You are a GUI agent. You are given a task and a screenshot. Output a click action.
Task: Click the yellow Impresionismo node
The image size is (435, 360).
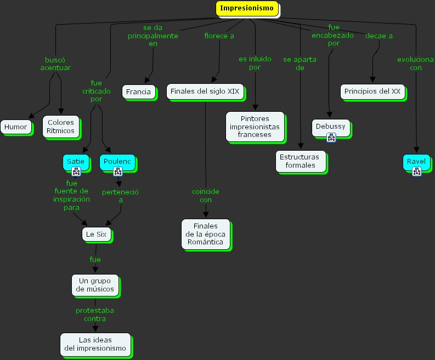(247, 8)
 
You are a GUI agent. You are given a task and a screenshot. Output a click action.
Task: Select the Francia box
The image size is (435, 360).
(138, 92)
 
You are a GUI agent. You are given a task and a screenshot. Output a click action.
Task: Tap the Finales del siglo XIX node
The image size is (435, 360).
(205, 92)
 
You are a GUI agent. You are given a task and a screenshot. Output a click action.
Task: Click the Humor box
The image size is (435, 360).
(15, 127)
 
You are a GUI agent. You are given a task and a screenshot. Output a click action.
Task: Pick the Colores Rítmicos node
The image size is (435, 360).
(60, 127)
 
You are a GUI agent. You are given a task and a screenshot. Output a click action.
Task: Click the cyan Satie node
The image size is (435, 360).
(76, 162)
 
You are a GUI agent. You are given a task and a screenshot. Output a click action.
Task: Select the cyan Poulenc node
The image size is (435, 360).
(117, 162)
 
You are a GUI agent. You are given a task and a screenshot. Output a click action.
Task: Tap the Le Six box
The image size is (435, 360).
(96, 235)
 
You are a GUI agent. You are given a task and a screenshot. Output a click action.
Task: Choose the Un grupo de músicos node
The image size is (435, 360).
(95, 284)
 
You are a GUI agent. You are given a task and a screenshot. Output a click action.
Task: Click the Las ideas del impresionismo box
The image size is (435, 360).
(95, 344)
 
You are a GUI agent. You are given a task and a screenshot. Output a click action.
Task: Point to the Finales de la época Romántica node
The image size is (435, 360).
(205, 234)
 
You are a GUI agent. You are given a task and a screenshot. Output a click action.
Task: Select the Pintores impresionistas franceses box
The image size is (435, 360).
(255, 127)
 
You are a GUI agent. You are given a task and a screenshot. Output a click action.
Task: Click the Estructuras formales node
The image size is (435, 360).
(300, 161)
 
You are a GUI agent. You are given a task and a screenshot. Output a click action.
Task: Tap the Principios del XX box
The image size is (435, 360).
(372, 92)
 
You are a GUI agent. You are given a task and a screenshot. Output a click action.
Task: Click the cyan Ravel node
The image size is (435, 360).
(416, 162)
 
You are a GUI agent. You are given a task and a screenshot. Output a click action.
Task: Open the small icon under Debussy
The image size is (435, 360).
(331, 138)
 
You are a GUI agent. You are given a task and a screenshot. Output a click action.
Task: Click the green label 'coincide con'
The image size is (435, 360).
(206, 196)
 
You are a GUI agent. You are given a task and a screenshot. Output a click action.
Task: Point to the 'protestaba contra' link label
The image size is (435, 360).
(95, 314)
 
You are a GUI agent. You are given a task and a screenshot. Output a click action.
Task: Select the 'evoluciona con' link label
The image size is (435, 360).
(416, 64)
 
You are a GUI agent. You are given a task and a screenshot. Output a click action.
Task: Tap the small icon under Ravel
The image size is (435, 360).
(416, 172)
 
